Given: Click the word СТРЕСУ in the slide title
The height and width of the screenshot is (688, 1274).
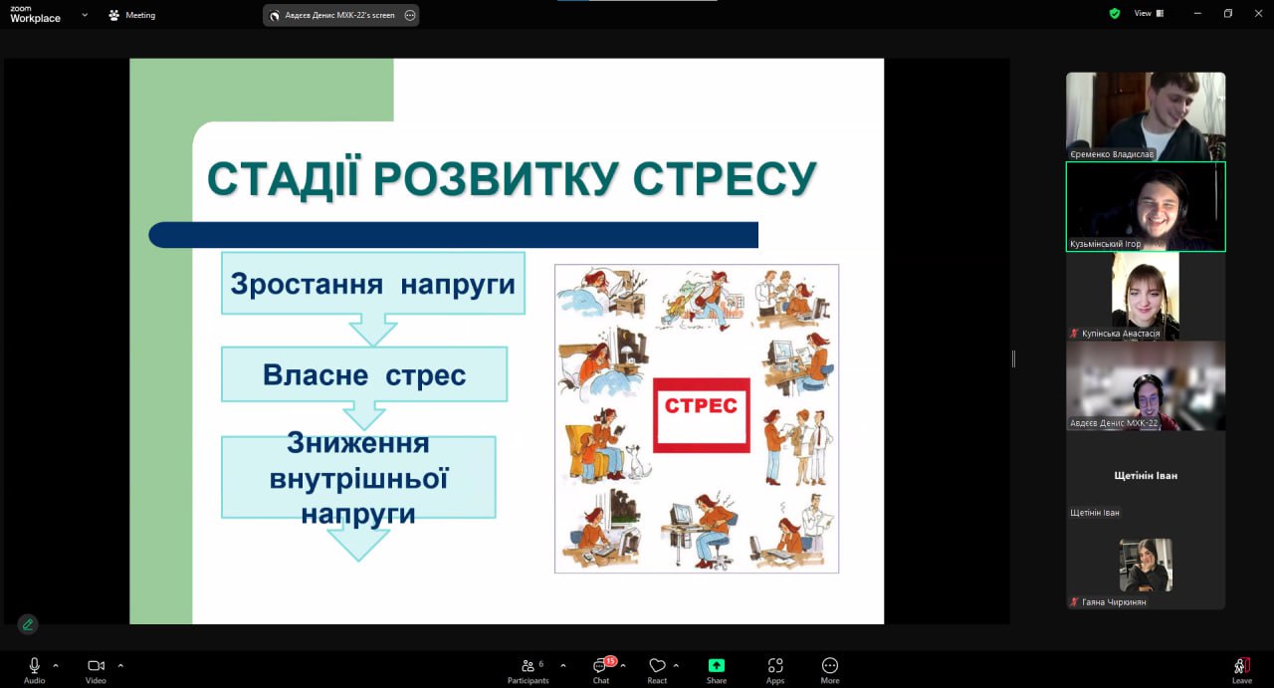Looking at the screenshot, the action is point(725,178).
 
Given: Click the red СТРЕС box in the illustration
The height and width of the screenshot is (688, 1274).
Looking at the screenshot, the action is point(702,415).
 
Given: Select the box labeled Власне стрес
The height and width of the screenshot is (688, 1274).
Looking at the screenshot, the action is point(364,374).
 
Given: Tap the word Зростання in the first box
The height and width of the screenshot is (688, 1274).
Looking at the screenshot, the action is point(307,284).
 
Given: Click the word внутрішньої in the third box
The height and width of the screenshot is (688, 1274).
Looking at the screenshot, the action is point(359,479).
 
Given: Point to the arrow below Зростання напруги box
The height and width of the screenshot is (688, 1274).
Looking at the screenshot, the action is point(373,330).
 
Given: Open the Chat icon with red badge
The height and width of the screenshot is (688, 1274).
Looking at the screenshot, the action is point(600,665).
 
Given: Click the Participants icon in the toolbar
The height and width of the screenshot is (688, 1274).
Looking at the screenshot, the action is point(529,665).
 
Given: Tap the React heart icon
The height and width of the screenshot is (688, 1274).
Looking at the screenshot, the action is point(657,665).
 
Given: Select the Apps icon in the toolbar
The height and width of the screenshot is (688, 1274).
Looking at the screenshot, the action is point(775,665).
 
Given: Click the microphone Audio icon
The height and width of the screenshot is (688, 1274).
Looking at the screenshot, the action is point(34,665).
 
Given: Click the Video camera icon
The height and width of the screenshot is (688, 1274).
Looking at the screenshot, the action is point(96,665).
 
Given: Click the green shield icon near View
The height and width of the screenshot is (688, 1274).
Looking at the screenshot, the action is point(1115,13).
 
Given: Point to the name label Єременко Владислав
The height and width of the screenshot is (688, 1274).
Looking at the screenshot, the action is point(1112,154).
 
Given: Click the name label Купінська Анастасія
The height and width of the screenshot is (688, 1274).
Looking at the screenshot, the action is point(1121,334).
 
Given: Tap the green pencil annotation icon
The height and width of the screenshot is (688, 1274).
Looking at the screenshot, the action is point(27,624).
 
